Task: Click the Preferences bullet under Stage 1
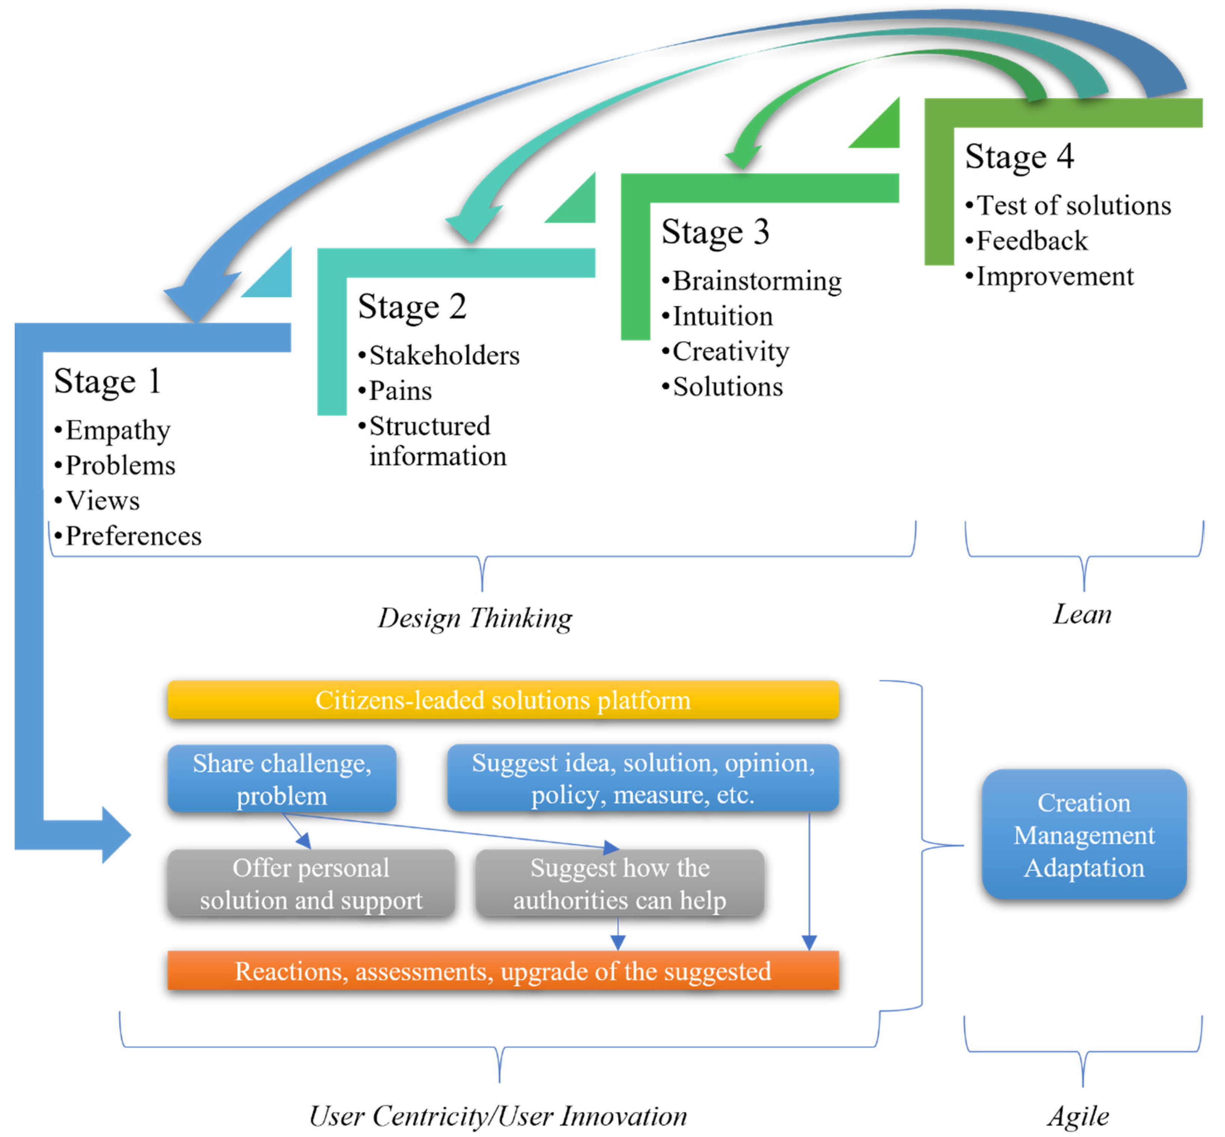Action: (133, 536)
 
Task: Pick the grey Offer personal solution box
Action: (310, 883)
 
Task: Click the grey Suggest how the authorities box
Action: (619, 883)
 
